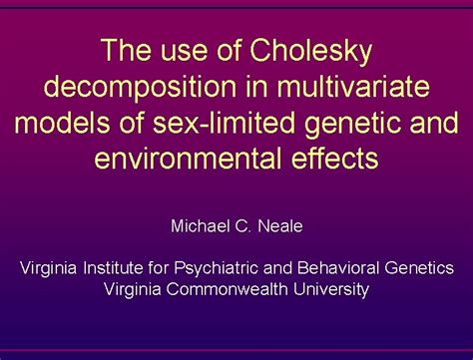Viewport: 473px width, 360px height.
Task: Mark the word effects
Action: (334, 159)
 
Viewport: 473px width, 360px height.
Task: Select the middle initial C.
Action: (247, 226)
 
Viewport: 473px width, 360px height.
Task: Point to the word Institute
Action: (118, 268)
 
